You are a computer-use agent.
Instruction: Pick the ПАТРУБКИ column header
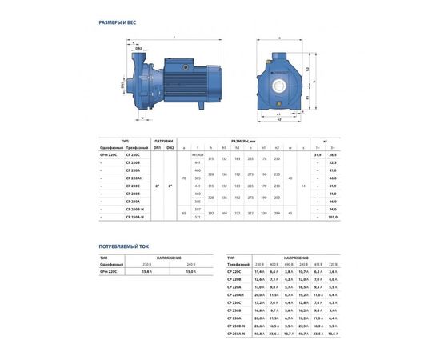(x=163, y=141)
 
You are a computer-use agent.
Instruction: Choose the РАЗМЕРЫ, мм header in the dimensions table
(x=246, y=141)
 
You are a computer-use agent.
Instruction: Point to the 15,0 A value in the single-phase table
(x=190, y=272)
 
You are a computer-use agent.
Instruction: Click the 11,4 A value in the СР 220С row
(x=259, y=272)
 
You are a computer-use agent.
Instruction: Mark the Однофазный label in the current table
(x=111, y=264)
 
